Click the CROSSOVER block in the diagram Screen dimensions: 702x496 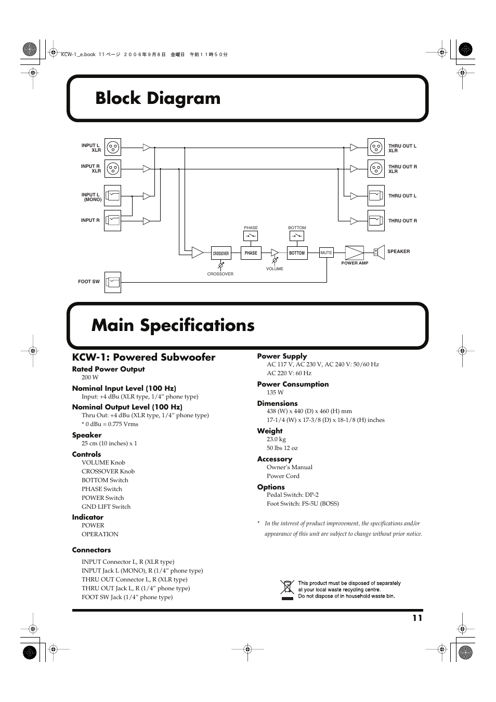pos(221,254)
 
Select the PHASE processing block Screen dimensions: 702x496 pos(251,253)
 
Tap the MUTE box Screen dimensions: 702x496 pos(326,253)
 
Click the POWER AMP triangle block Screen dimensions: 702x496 pos(355,253)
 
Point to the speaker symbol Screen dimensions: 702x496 pos(378,252)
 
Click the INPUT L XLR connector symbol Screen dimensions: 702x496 pos(113,148)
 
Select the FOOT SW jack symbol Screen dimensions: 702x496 pos(113,282)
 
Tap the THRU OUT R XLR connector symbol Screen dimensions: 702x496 pos(376,168)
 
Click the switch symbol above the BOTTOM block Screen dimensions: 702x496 pos(297,236)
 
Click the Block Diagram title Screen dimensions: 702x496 pos(158,98)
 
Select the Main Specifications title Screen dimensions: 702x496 pos(173,325)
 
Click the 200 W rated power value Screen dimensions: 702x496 pos(90,378)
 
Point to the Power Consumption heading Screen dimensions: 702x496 pos(293,385)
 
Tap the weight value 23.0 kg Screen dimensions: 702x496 pos(276,440)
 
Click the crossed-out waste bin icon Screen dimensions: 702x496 pos(287,590)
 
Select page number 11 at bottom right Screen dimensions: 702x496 pos(417,618)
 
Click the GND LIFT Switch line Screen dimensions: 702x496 pos(106,507)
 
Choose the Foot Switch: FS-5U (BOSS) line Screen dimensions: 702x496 pos(303,504)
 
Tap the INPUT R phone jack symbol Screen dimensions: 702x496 pos(113,220)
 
